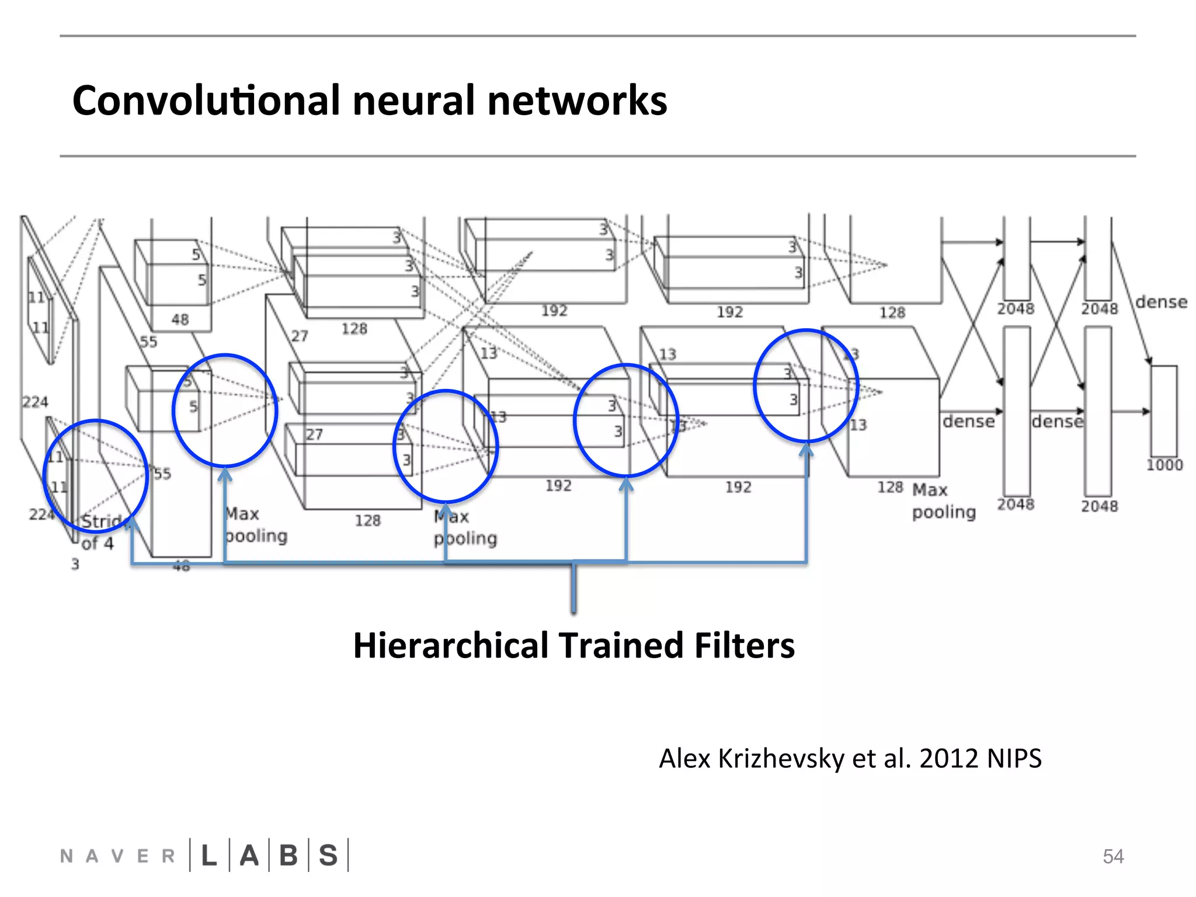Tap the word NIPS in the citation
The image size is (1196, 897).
[x=1014, y=759]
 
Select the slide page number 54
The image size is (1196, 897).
[x=1113, y=856]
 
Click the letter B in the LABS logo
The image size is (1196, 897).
[x=288, y=856]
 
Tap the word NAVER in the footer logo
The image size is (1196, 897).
[x=117, y=856]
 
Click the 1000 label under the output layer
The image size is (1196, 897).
[x=1164, y=465]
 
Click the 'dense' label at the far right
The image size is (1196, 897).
[x=1161, y=302]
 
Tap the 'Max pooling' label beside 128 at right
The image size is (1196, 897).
[x=943, y=500]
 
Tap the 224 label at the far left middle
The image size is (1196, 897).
[x=35, y=402]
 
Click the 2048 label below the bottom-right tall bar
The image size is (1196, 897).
[x=1099, y=506]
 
